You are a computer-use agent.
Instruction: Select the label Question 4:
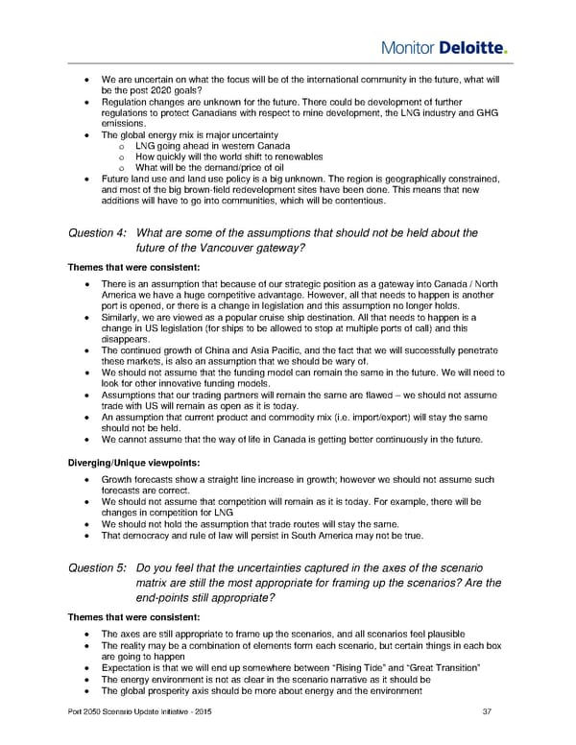(98, 232)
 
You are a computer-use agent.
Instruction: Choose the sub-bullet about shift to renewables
(228, 156)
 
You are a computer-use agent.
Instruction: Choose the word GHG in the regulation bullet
(463, 112)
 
